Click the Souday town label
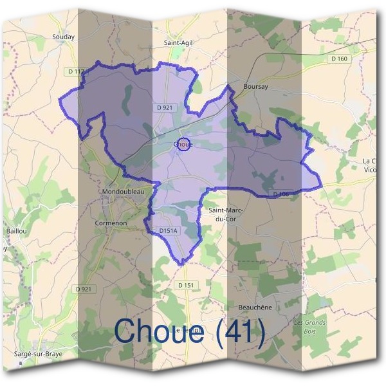64,37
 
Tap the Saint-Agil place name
178,43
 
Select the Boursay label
255,86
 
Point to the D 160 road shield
339,59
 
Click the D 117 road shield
75,71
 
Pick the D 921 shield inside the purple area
164,107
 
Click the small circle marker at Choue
183,145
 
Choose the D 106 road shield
280,194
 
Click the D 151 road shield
185,284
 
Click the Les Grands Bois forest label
310,327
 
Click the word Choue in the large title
160,332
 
